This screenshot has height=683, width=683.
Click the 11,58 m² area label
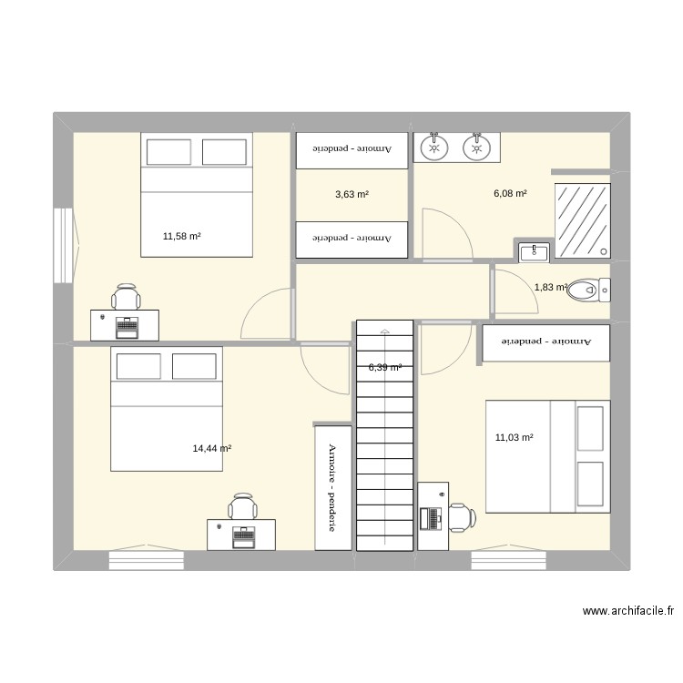coord(181,237)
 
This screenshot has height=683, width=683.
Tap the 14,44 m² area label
coord(211,448)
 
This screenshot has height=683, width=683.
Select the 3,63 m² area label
coord(352,194)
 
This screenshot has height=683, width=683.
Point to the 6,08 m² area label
coord(510,193)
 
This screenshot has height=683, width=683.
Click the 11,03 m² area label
coord(514,438)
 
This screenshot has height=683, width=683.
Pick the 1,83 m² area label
coord(551,288)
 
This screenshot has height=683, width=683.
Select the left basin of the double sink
coord(433,146)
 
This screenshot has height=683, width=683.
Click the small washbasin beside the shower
coord(533,251)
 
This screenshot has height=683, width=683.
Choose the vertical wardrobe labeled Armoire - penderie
coord(332,486)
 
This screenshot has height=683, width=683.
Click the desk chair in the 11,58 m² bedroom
coord(127,297)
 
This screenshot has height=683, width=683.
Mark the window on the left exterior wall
coord(63,246)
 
